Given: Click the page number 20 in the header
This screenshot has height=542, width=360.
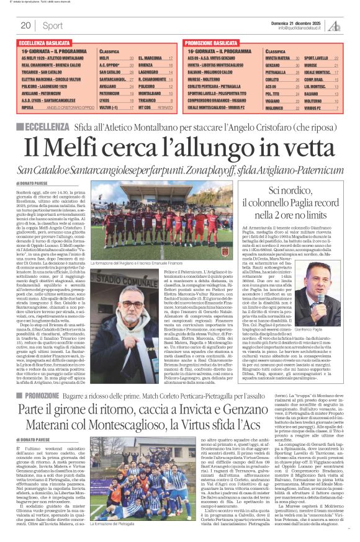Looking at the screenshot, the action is [x=25, y=25].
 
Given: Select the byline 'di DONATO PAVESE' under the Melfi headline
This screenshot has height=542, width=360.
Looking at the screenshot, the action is [x=35, y=184].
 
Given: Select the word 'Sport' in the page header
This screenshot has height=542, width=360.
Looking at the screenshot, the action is [x=53, y=25].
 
